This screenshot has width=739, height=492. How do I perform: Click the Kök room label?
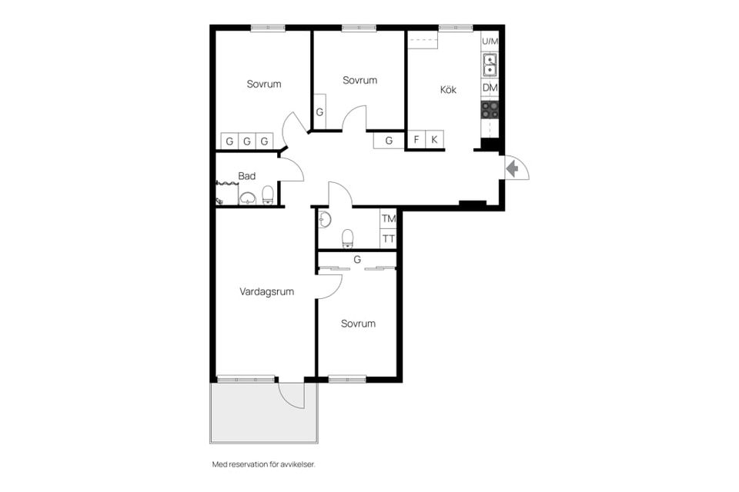pos(448,89)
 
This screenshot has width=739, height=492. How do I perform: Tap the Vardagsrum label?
pos(267,291)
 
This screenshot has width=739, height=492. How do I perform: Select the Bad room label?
pos(246,176)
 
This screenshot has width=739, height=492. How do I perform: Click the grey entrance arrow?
pos(513,168)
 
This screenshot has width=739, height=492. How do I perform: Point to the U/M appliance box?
pos(490,42)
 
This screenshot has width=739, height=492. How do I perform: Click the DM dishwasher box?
pos(490,88)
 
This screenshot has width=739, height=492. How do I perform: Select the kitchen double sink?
pos(490,65)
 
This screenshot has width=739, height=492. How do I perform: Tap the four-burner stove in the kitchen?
pos(490,110)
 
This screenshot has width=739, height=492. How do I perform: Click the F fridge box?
pos(416,139)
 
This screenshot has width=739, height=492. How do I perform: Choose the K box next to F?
pos(434,139)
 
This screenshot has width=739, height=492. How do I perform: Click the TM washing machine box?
pos(388,218)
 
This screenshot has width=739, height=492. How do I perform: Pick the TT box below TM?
pos(388,239)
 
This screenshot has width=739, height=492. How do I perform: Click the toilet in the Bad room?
pos(268,195)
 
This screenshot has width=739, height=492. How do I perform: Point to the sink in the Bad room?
pos(247,198)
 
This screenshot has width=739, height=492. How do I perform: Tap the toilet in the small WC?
pos(347,238)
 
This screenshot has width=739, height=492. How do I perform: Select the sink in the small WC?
pos(325,219)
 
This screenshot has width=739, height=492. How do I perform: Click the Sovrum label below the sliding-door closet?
pos(358,324)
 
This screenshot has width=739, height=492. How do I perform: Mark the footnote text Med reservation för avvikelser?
pos(263,464)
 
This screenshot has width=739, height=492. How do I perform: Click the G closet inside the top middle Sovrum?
pos(319,111)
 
